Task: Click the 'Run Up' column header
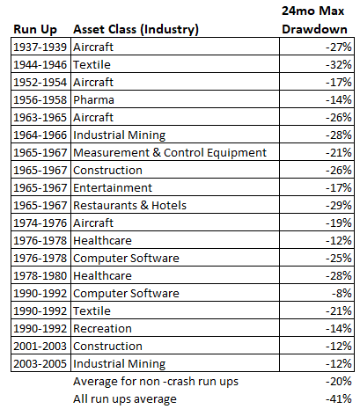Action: [x=35, y=30]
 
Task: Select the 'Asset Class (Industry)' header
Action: [x=136, y=30]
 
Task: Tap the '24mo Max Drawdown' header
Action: [x=314, y=20]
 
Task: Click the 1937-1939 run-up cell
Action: [x=40, y=47]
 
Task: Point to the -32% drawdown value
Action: [x=339, y=64]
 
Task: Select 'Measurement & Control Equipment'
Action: [x=170, y=153]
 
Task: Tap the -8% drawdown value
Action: [x=342, y=293]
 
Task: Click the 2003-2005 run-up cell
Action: [x=40, y=363]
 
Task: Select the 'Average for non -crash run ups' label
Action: [x=156, y=382]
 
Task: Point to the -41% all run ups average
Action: [x=339, y=398]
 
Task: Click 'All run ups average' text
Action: [x=125, y=399]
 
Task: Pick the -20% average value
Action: [x=339, y=381]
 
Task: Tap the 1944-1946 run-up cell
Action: [x=40, y=64]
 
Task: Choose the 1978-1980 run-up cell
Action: [x=40, y=275]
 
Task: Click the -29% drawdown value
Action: [x=339, y=205]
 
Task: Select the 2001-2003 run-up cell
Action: [x=40, y=346]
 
